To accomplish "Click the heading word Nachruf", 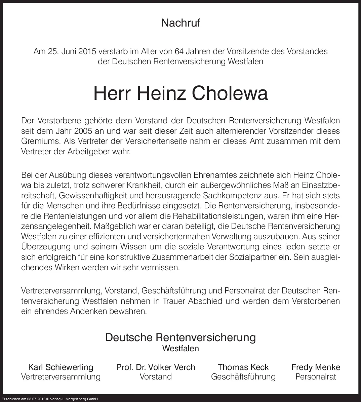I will click(180, 23).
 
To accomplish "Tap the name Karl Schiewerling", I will click(61, 367).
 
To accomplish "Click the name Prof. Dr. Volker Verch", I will click(156, 367).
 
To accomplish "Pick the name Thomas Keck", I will click(243, 367).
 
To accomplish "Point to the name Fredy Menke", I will click(316, 367).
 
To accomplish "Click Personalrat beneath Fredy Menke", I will click(316, 377).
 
